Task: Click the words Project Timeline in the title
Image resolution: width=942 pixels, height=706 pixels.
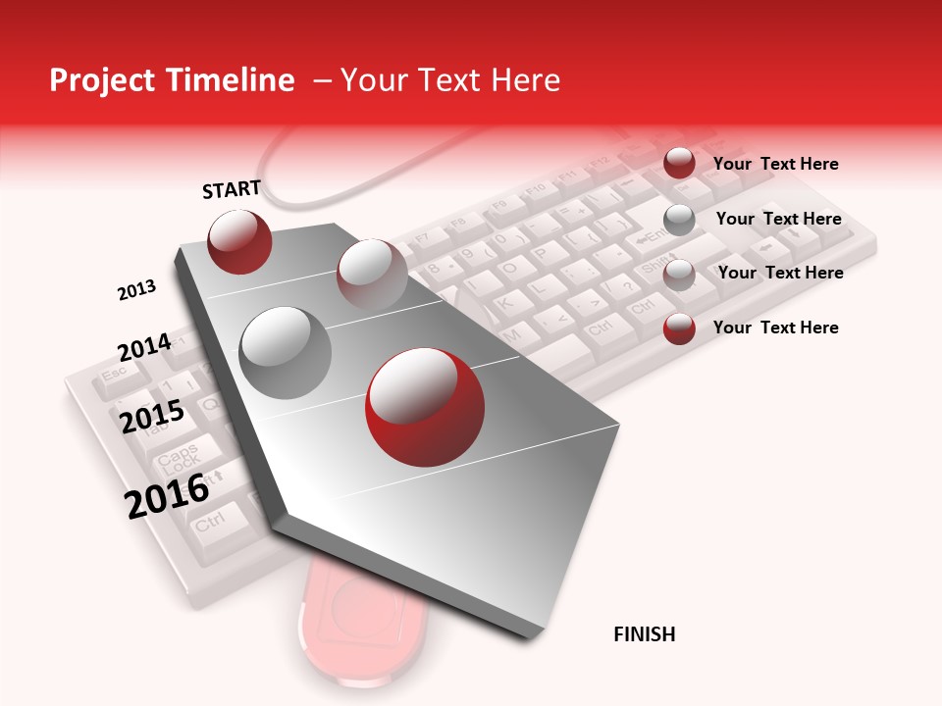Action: coord(172,80)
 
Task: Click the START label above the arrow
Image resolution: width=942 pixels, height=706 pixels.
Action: coord(232,189)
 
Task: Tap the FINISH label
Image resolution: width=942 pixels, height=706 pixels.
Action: coord(644,634)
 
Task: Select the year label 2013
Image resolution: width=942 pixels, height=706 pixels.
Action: coord(136,290)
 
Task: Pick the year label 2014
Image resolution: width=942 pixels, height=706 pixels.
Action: coord(144,347)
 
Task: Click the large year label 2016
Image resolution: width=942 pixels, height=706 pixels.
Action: coord(167,495)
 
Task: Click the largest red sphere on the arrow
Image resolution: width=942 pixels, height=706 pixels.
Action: coord(425,407)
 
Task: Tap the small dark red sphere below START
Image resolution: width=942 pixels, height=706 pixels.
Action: coord(239,241)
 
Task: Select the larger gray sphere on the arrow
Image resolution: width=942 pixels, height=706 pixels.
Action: coord(286,352)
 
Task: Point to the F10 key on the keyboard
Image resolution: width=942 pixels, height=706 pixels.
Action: coord(535,189)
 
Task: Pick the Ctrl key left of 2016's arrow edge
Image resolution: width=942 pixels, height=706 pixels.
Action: coord(209,523)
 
